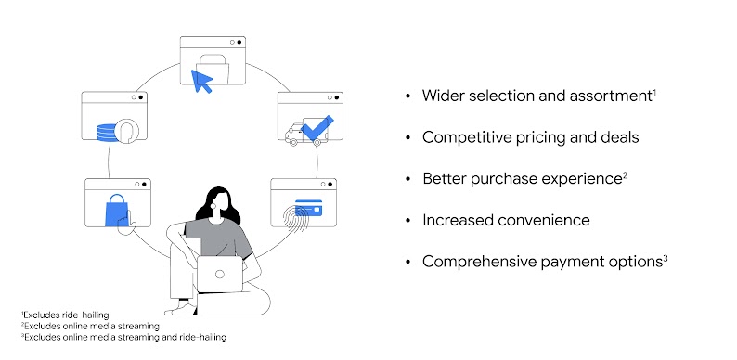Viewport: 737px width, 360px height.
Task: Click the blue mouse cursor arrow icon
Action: [200, 82]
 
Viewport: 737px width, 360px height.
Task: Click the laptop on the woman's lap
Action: [218, 273]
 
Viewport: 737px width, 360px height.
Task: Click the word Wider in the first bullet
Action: [442, 96]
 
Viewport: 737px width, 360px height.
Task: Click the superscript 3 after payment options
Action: [666, 256]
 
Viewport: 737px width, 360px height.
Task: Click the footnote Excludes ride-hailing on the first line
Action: [57, 315]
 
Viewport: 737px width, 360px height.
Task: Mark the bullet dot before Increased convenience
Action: [408, 221]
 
